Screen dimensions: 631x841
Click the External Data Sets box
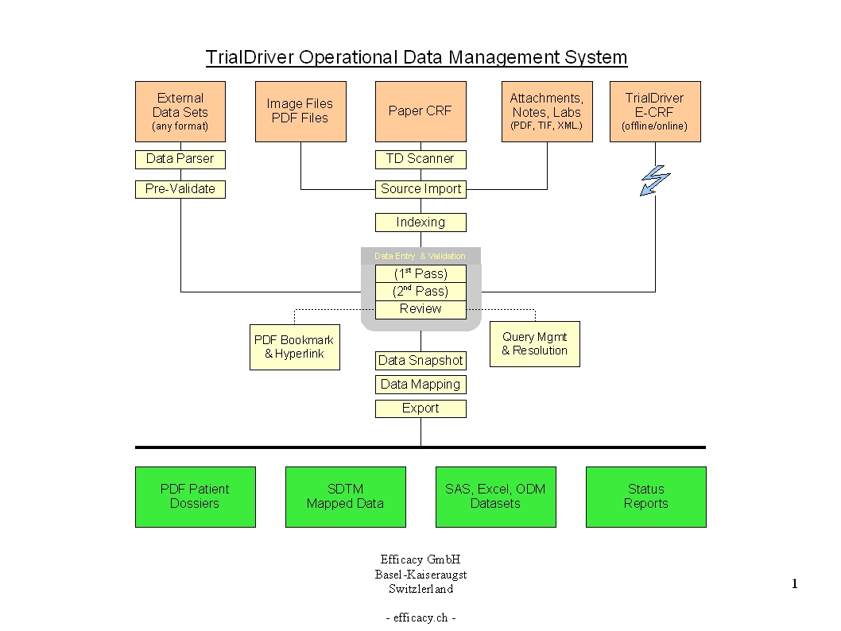click(180, 111)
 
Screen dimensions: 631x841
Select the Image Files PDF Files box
click(300, 111)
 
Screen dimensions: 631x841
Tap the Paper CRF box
click(420, 111)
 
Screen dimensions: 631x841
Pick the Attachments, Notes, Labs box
click(547, 111)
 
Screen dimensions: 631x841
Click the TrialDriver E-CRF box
click(655, 111)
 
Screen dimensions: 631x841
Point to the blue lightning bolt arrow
click(655, 180)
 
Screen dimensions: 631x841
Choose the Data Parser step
click(180, 159)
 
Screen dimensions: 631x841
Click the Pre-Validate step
click(180, 189)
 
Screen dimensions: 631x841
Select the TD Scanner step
click(420, 159)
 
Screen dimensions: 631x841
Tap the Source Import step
click(420, 189)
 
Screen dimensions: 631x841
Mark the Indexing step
click(420, 223)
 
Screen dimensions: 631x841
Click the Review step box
click(420, 309)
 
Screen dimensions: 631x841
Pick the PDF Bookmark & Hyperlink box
click(294, 346)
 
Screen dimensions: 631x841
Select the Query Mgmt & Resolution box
click(535, 343)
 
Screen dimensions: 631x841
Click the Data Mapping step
click(420, 385)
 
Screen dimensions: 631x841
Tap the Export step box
click(420, 408)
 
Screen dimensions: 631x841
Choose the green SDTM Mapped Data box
click(345, 497)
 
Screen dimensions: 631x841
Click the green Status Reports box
click(645, 497)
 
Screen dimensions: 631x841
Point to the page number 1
click(794, 585)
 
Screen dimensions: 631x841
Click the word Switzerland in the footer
click(420, 589)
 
